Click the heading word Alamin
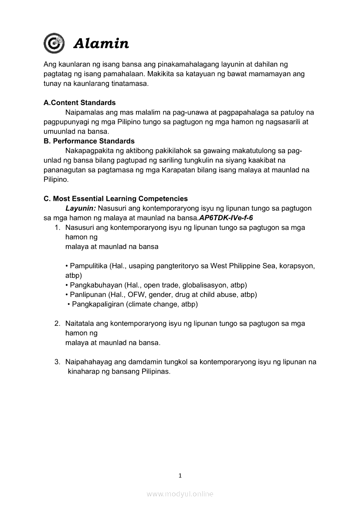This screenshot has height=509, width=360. click(x=101, y=44)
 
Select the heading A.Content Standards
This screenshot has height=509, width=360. click(x=80, y=103)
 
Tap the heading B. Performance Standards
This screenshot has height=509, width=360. click(x=89, y=141)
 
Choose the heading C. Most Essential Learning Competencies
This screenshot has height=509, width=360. click(x=115, y=199)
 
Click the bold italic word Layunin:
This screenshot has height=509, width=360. click(x=81, y=208)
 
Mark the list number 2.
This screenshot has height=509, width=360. click(x=57, y=324)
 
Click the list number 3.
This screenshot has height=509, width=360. click(x=57, y=362)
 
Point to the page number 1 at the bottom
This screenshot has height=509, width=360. click(x=180, y=475)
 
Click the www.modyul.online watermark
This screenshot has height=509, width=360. click(x=180, y=494)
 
